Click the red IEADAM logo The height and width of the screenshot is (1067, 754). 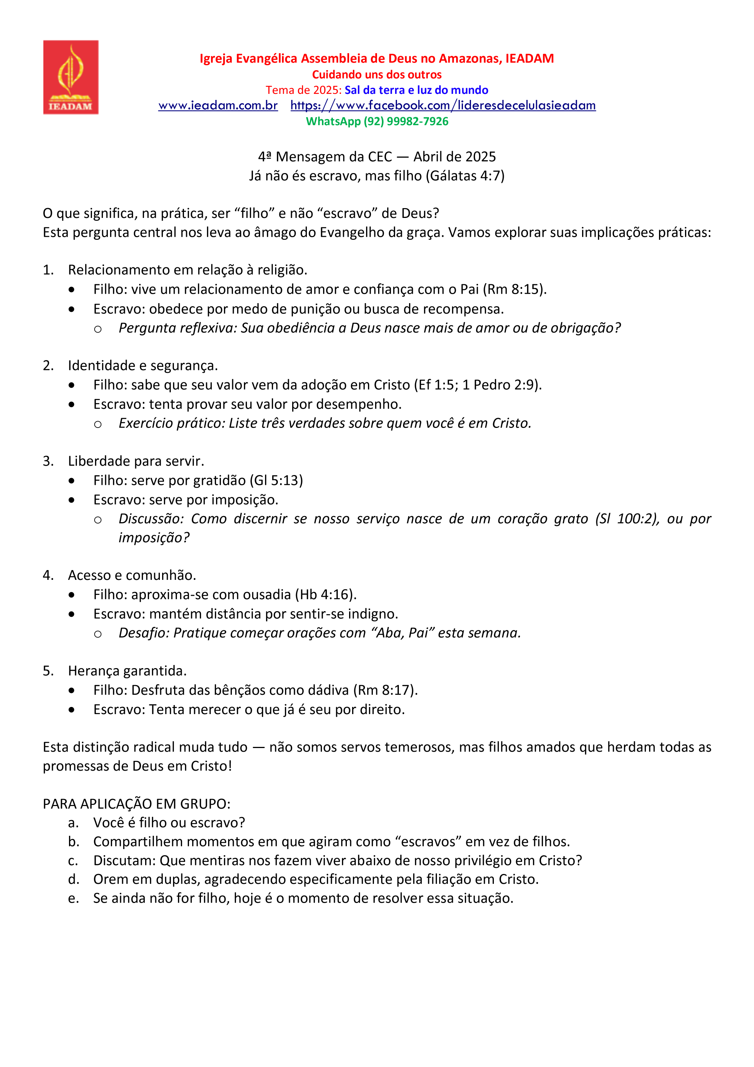point(70,77)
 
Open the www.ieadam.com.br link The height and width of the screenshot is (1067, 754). point(218,106)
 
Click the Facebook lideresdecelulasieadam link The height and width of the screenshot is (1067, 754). point(443,106)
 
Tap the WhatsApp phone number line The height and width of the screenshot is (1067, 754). point(377,121)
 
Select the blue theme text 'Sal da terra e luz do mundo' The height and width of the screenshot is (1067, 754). point(416,90)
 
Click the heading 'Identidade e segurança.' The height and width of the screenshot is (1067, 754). point(143,366)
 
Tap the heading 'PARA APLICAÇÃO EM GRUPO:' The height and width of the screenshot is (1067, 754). point(136,804)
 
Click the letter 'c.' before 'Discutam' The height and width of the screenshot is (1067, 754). point(73,861)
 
